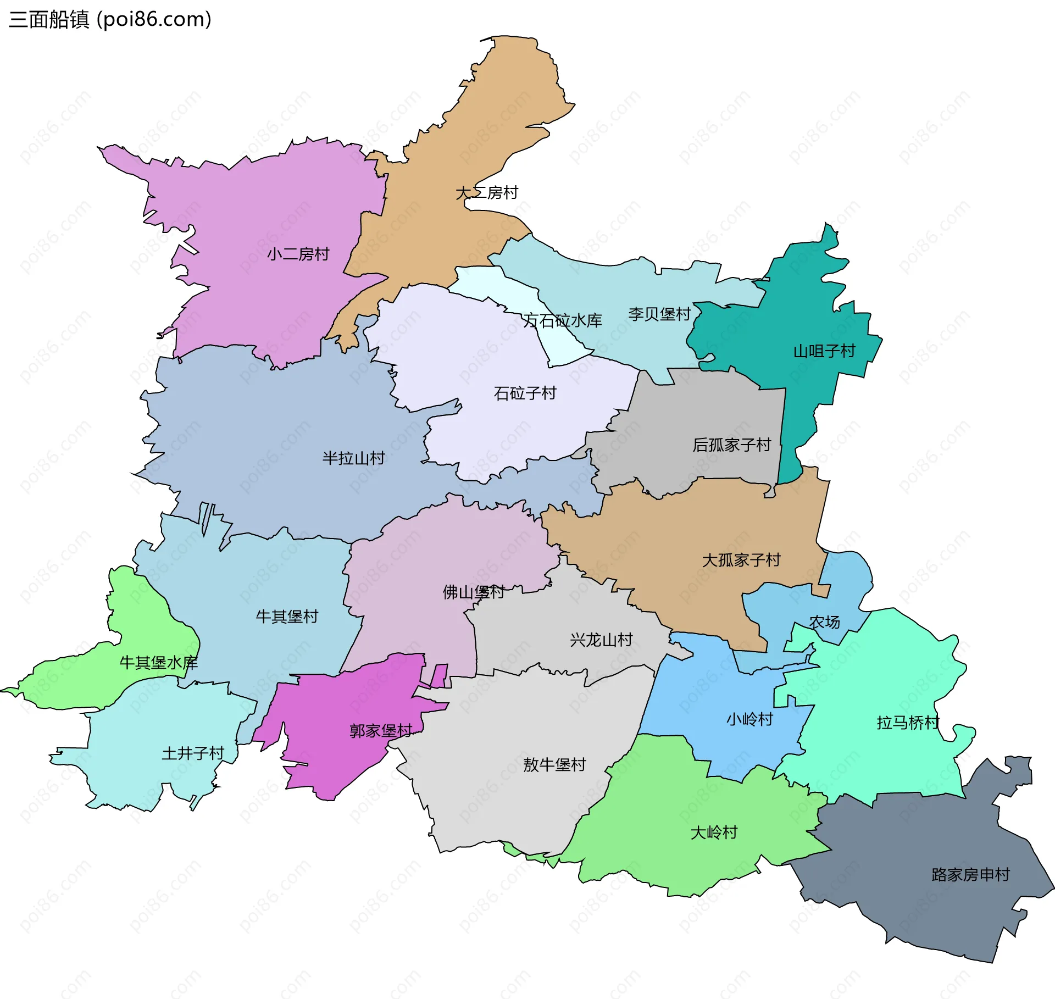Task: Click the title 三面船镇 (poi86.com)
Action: (x=110, y=20)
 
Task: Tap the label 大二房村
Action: (x=487, y=193)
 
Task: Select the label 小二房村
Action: (x=298, y=254)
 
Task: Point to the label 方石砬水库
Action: (x=562, y=320)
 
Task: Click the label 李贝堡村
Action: (x=659, y=314)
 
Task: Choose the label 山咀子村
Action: (x=824, y=351)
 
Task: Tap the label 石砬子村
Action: (x=525, y=393)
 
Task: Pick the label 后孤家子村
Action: (x=732, y=445)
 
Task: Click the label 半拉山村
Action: (x=353, y=458)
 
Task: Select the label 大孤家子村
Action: (x=741, y=560)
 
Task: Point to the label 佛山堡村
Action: (x=474, y=592)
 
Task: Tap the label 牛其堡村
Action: (x=287, y=617)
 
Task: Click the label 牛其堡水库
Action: (x=158, y=663)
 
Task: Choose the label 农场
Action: (x=824, y=622)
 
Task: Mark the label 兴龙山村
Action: (x=601, y=640)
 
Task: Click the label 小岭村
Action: (x=749, y=719)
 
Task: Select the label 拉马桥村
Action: (x=908, y=723)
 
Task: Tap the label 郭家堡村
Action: (x=381, y=731)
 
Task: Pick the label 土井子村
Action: (x=193, y=753)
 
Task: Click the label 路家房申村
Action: (x=970, y=875)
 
